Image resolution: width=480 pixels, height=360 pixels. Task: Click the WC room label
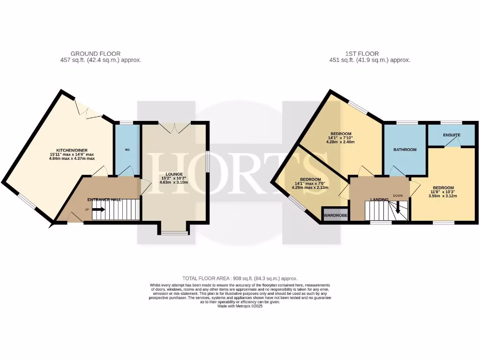[127, 150]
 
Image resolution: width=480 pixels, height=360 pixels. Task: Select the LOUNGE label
[174, 174]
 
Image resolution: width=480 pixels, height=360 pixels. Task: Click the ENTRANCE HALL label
[104, 200]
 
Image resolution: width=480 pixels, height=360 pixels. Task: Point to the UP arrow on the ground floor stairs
[98, 210]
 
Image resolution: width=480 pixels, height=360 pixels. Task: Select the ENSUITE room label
[452, 135]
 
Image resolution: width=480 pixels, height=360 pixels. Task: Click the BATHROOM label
[405, 150]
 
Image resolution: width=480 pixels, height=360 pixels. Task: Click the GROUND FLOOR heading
[95, 54]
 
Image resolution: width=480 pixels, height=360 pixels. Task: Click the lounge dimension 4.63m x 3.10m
[174, 182]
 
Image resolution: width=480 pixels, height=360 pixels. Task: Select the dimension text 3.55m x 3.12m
[442, 196]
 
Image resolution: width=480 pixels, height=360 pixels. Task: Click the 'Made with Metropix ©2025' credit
[240, 306]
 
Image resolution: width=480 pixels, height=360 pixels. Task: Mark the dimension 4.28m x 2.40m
[341, 142]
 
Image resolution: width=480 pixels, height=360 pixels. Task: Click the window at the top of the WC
[127, 123]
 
